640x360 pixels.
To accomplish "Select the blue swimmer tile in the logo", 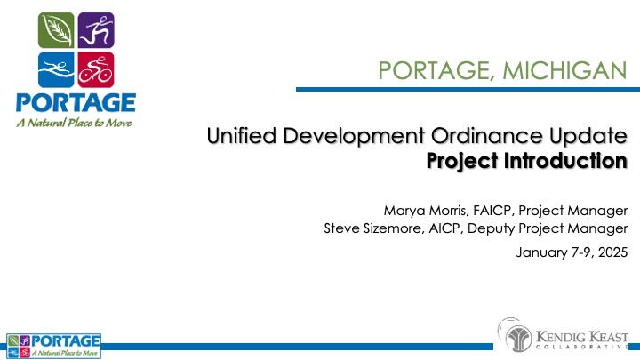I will [58, 68].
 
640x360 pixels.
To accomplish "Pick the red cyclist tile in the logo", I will [95, 68].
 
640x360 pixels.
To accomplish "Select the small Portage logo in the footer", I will [54, 345].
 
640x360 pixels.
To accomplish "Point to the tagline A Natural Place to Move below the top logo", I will [74, 122].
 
